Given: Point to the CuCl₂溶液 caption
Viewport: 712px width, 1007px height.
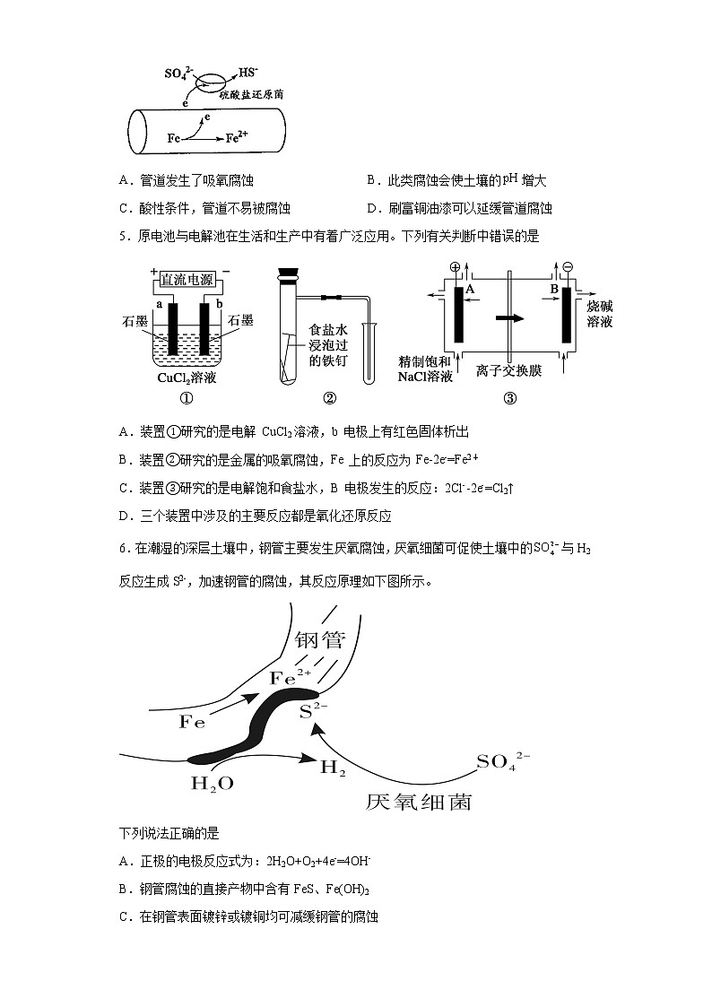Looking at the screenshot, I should pyautogui.click(x=186, y=378).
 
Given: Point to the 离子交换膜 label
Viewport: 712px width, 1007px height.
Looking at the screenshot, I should pyautogui.click(x=509, y=370).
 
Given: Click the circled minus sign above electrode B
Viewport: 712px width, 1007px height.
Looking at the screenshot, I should pyautogui.click(x=566, y=267).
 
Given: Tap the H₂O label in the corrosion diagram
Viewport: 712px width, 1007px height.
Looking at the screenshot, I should pyautogui.click(x=213, y=783).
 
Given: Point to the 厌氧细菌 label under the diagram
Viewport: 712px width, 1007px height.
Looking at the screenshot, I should pyautogui.click(x=418, y=801).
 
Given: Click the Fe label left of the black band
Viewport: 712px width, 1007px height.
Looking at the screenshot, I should pyautogui.click(x=193, y=722).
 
